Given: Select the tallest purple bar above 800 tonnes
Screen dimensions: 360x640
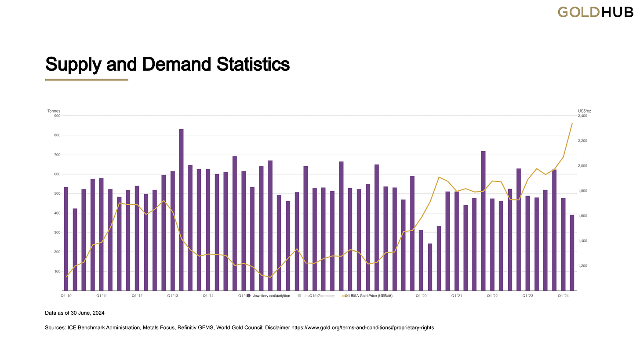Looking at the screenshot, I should [x=181, y=210].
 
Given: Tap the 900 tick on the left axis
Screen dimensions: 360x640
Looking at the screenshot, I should [x=57, y=116].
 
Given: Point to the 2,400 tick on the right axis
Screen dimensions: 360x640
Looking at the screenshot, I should [x=582, y=116].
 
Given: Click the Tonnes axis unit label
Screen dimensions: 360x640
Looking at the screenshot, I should [x=54, y=111].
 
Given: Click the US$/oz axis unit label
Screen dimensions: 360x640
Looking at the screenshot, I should [x=584, y=111].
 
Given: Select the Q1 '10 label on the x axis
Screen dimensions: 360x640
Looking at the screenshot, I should [x=66, y=296].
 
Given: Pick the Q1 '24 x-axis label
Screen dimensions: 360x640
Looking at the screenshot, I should [x=563, y=296].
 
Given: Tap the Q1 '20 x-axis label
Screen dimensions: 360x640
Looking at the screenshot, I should [x=421, y=296].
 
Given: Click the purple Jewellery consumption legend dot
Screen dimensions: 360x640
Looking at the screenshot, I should [x=249, y=296].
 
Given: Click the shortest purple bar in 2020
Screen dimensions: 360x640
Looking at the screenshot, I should [x=430, y=267].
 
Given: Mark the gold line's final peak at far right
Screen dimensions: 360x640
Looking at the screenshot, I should [x=572, y=124].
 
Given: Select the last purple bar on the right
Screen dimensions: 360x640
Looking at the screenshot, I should [x=572, y=253].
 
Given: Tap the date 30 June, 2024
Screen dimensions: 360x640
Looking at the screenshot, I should [x=88, y=313].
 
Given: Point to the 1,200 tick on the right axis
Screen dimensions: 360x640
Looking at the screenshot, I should [x=582, y=266].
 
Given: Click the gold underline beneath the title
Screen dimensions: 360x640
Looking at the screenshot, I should [x=87, y=80].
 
